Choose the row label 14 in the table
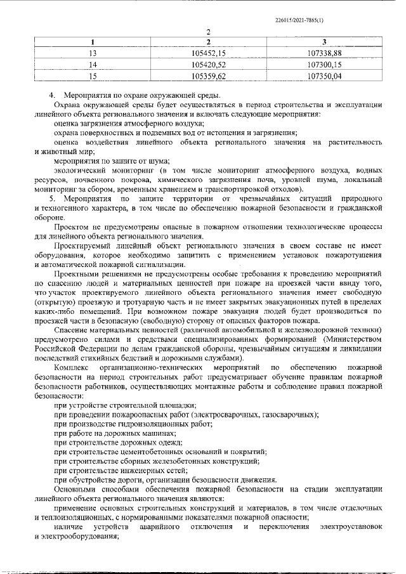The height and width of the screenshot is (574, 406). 93,65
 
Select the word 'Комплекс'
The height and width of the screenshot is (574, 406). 72,367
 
